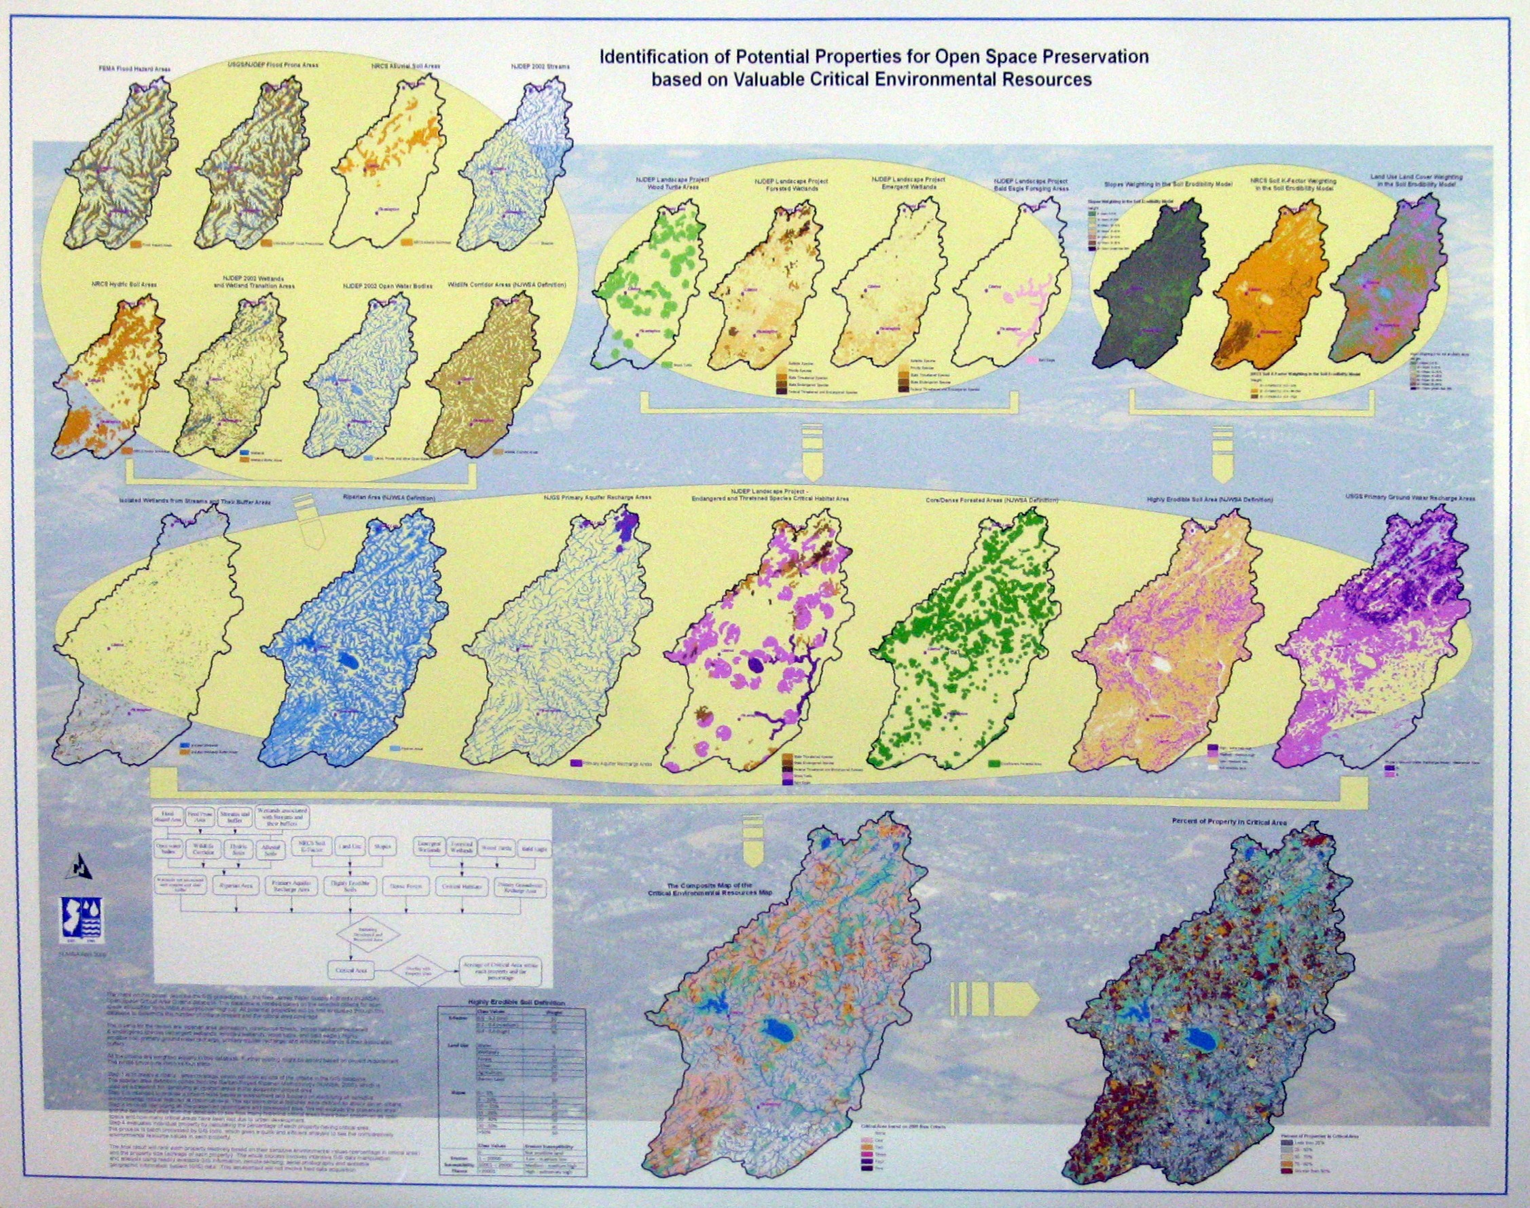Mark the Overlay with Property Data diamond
click(x=420, y=972)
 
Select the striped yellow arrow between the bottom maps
click(x=994, y=997)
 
